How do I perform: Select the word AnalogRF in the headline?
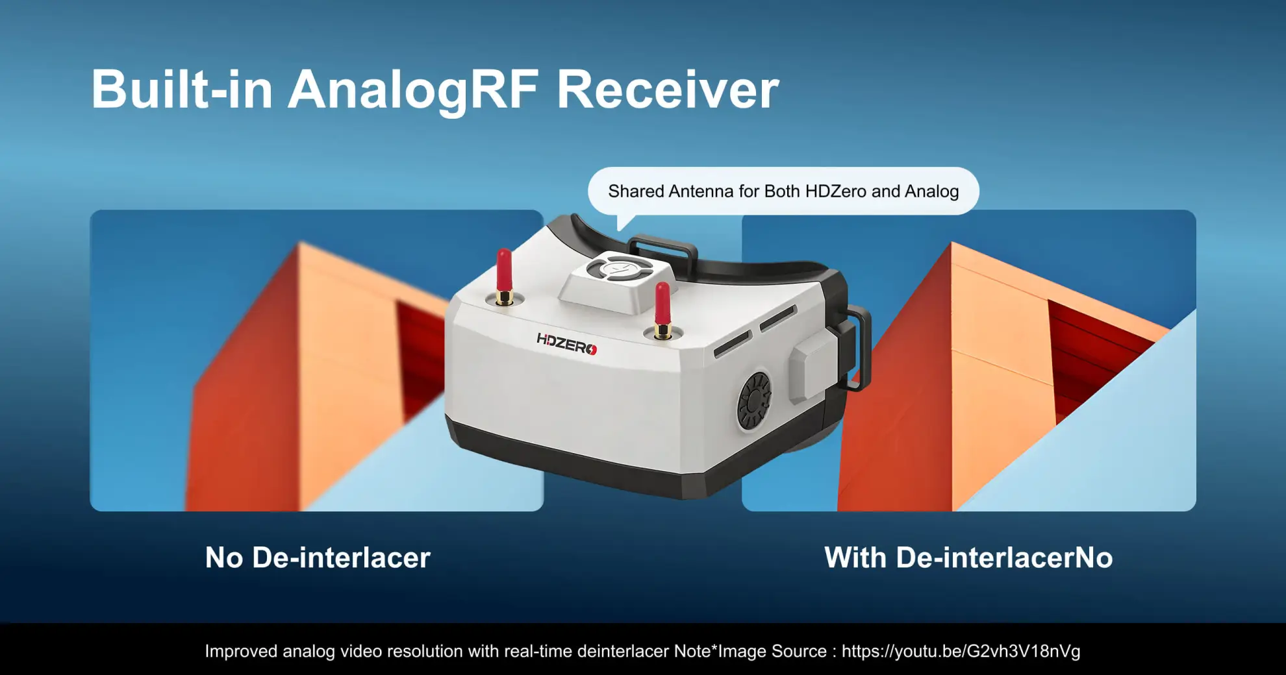[x=413, y=91]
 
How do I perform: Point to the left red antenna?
[x=504, y=273]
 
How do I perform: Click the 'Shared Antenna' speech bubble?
[x=783, y=191]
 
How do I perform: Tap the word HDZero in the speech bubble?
[x=835, y=191]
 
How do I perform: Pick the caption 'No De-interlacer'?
[x=318, y=558]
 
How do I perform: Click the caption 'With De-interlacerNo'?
[x=968, y=558]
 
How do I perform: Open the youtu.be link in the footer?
[x=961, y=651]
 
